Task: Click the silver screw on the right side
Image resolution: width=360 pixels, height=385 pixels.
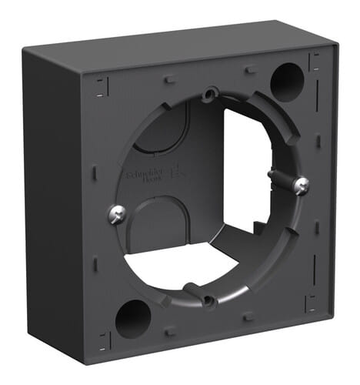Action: (x=302, y=185)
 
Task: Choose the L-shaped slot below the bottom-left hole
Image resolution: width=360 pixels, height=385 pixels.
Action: (x=105, y=340)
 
